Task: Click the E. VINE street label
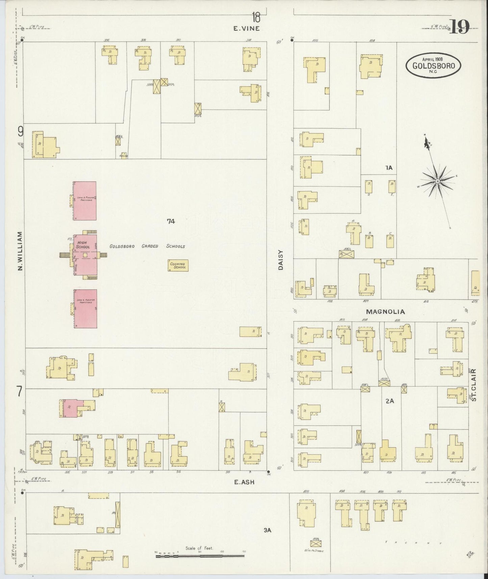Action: point(247,29)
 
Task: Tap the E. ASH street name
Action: point(244,483)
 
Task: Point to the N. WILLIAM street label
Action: point(20,251)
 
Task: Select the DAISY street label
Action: point(280,262)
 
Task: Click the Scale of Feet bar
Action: point(199,555)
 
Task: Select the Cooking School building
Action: point(178,266)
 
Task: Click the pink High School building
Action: point(85,255)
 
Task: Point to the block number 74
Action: point(171,222)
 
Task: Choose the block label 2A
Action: point(389,401)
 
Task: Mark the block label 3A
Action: point(267,530)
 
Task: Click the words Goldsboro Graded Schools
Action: point(147,246)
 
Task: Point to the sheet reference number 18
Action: point(256,16)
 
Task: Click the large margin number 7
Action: point(20,392)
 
